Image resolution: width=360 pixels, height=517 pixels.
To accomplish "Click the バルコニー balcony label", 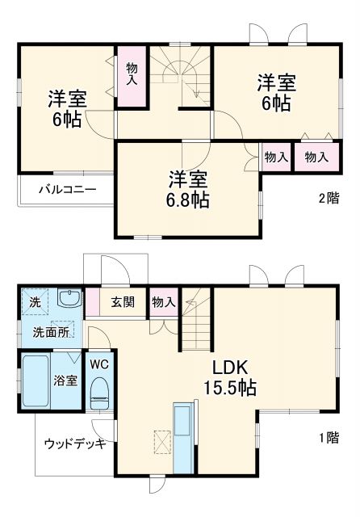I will [68, 190].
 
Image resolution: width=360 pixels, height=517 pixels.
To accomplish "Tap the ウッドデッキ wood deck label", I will [74, 443].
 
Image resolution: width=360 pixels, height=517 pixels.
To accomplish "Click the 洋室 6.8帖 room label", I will [189, 189].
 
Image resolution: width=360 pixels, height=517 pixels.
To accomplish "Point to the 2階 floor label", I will [328, 198].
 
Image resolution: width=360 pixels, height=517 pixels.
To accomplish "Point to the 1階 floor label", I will [328, 438].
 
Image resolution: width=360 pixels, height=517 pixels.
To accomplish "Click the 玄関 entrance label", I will [123, 302].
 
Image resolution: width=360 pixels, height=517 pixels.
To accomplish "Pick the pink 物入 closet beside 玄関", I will [163, 302].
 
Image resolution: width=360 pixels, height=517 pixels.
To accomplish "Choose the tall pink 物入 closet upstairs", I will [132, 75].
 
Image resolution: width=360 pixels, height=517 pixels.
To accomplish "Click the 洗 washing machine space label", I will [35, 301].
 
